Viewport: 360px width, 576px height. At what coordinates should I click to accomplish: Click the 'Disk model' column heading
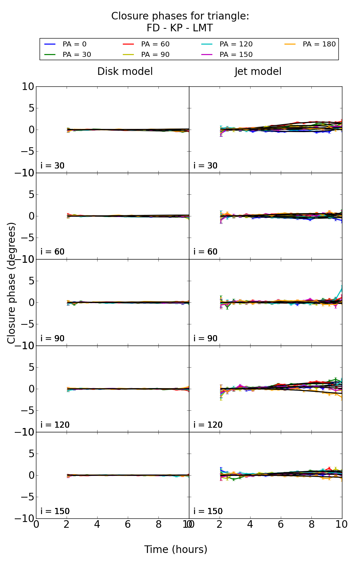(125, 72)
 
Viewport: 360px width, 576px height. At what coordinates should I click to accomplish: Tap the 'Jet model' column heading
(258, 72)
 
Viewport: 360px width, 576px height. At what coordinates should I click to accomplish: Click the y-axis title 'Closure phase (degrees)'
(12, 283)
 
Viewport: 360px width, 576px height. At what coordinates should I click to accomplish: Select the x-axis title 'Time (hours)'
(176, 549)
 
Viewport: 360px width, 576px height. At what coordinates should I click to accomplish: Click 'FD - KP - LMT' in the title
(180, 28)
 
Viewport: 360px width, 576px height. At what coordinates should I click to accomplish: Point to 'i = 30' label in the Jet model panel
(205, 166)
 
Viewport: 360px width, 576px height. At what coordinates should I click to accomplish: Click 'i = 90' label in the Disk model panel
(52, 338)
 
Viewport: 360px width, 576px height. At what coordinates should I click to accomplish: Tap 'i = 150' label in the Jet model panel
(208, 511)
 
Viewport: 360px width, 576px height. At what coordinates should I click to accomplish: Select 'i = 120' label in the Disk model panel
(55, 425)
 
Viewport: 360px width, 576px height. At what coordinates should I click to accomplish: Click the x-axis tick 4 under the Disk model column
(97, 525)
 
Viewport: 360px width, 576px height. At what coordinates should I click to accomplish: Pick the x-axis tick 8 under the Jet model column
(311, 525)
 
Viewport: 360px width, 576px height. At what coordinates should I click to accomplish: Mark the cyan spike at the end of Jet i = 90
(341, 289)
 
